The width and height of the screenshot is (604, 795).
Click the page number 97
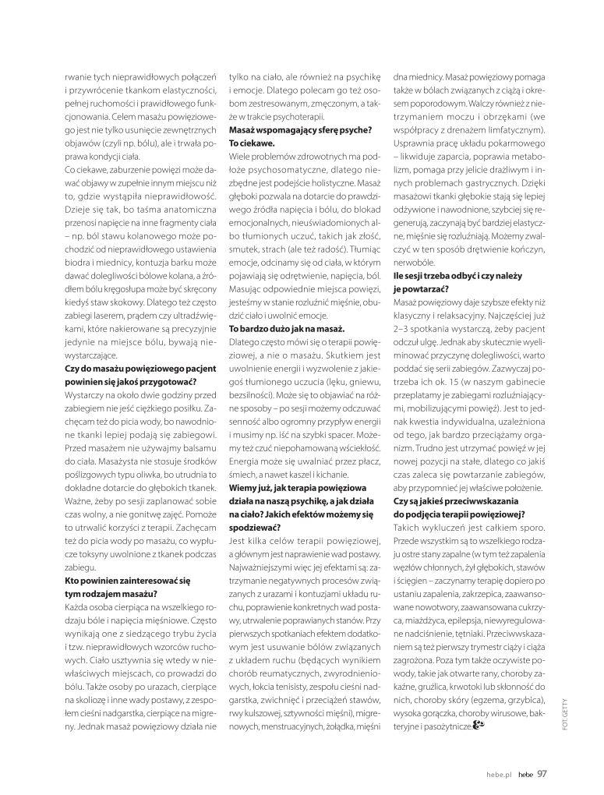[542, 774]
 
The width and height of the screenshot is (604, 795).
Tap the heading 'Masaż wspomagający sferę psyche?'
[299, 129]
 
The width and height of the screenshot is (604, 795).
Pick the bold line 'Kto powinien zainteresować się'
[129, 580]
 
